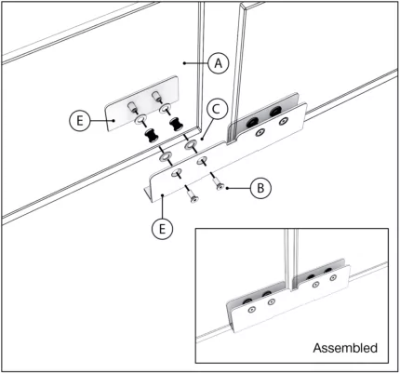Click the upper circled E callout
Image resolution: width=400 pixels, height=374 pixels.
(x=81, y=120)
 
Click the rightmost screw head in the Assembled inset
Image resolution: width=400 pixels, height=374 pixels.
(x=331, y=277)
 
